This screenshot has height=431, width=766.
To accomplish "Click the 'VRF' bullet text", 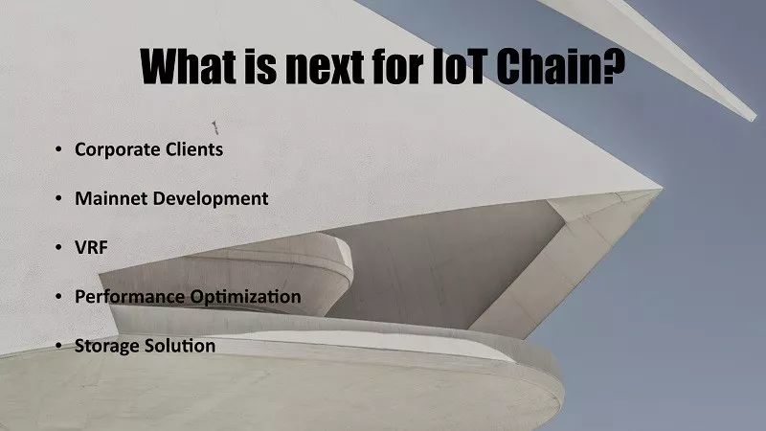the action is (91, 247).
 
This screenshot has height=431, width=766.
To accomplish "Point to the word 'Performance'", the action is (129, 297).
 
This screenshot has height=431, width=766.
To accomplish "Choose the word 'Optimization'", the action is (246, 297).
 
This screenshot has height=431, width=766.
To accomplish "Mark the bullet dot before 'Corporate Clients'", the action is (58, 148).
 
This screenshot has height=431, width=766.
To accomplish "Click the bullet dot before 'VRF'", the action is (58, 247).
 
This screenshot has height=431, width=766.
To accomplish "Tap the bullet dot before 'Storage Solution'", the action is (58, 346).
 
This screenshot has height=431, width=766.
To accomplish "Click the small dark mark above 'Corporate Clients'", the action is (214, 127).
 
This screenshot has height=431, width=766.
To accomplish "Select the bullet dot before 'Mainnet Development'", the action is (58, 198).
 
